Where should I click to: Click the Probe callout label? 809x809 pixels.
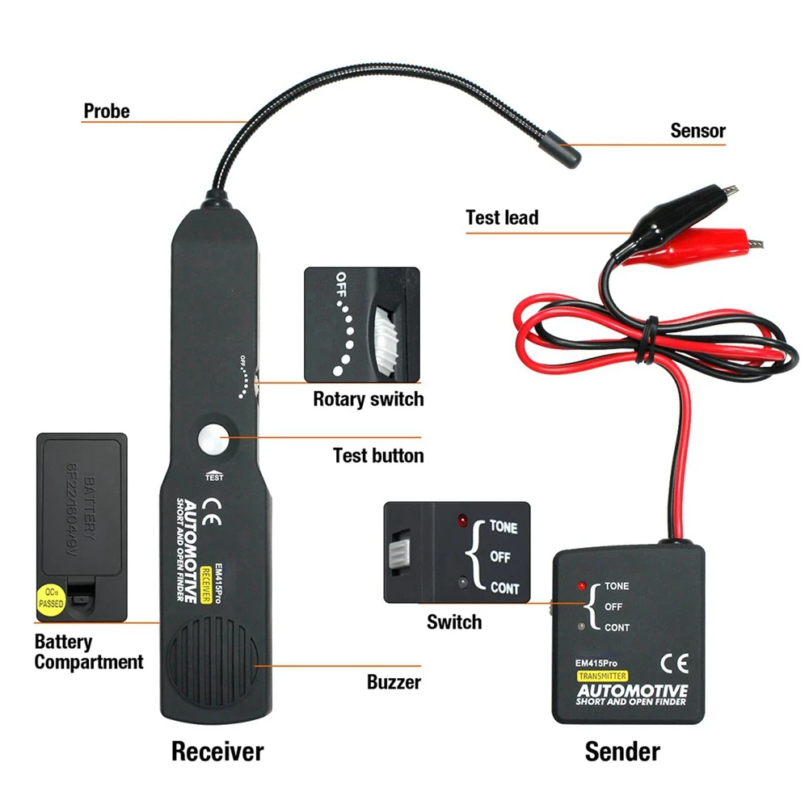[106, 111]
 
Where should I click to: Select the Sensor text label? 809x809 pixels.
[697, 130]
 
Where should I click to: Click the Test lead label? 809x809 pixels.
[501, 217]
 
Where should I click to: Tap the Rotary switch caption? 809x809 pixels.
[368, 398]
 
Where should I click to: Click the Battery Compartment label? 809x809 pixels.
[88, 652]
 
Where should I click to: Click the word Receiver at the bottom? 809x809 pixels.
[217, 751]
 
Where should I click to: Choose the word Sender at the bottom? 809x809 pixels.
[621, 751]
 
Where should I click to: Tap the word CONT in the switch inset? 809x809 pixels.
[505, 588]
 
